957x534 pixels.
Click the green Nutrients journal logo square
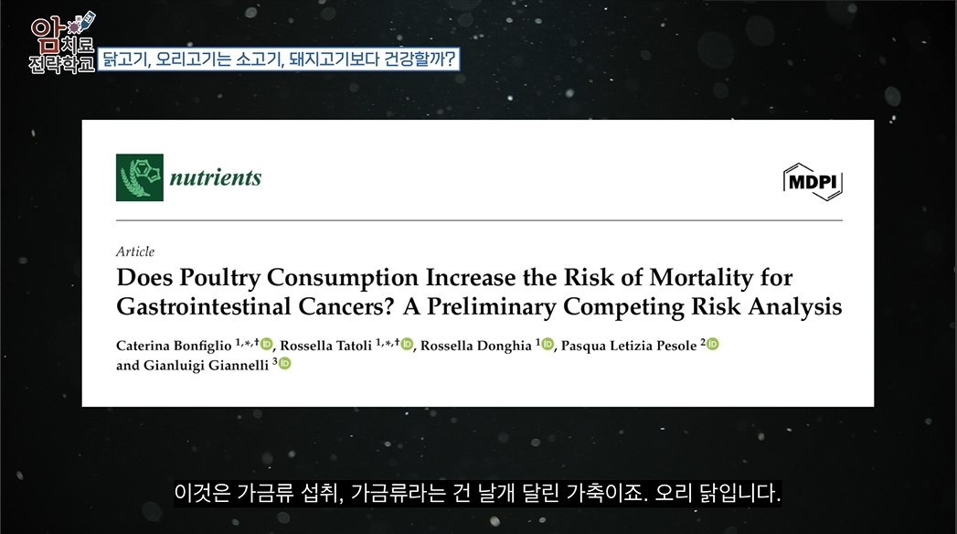(x=140, y=177)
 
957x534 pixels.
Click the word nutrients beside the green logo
(x=216, y=177)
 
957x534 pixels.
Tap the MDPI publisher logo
(x=813, y=182)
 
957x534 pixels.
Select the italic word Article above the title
(x=135, y=251)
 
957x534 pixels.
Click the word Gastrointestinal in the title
(x=203, y=306)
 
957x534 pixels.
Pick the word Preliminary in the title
(x=491, y=307)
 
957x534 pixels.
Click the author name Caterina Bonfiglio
(x=174, y=346)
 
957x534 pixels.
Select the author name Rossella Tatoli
(x=326, y=346)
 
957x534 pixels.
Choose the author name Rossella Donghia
(x=476, y=346)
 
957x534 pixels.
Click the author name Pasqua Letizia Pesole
(x=629, y=346)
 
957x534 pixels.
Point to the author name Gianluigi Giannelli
(x=206, y=365)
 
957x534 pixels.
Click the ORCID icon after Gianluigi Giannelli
(x=284, y=364)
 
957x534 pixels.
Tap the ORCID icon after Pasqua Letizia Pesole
(x=712, y=344)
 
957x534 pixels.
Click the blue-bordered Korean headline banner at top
(x=278, y=59)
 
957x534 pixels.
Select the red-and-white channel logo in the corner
(x=62, y=43)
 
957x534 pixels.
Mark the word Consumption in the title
(x=343, y=278)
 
